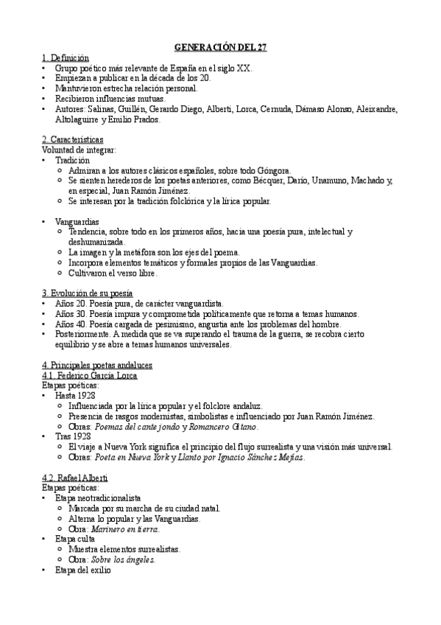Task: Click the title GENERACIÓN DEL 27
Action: (220, 47)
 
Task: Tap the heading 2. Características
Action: (71, 139)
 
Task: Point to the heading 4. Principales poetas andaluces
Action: (97, 365)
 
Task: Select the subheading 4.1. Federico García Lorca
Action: (90, 375)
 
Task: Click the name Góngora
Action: (275, 170)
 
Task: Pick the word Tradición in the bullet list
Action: (72, 160)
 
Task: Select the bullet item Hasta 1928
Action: (75, 396)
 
